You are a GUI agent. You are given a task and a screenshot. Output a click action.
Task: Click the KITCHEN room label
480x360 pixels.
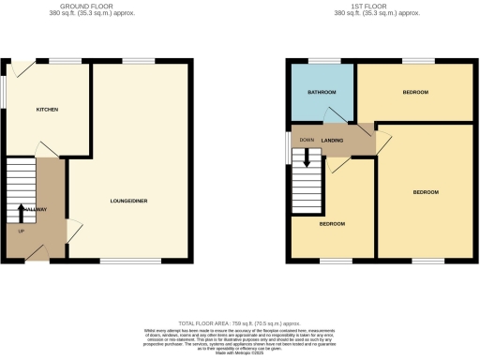[x=48, y=110]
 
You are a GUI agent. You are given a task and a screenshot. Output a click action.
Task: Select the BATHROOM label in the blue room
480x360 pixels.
[x=322, y=93]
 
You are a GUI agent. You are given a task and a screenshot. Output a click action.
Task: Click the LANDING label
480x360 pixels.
[x=332, y=141]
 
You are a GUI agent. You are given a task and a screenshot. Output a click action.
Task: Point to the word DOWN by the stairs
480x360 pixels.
[x=306, y=141]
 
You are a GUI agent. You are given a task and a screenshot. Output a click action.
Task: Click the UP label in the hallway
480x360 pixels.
[x=21, y=230]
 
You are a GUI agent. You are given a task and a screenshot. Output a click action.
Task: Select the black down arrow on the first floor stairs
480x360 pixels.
[x=305, y=159]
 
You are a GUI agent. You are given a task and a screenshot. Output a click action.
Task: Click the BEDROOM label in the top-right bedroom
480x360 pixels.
[x=415, y=92]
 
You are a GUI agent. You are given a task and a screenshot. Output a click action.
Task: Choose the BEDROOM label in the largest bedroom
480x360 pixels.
[x=426, y=191]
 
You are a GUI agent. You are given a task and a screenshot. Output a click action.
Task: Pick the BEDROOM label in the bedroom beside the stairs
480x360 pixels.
[x=332, y=224]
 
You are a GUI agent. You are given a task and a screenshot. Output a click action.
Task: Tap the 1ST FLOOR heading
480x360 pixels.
[x=381, y=5]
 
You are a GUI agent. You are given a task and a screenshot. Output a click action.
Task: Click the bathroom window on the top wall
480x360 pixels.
[x=323, y=61]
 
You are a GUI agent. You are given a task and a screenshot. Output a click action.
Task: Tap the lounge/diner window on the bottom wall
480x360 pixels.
[x=119, y=261]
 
